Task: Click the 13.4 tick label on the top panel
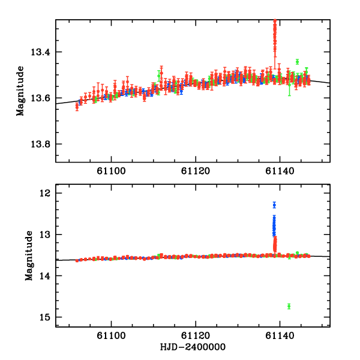[x=40, y=52]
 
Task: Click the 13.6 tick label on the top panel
[x=40, y=98]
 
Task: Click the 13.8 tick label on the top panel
[x=40, y=145]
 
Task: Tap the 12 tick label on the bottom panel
[x=46, y=193]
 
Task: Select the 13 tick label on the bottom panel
[x=46, y=235]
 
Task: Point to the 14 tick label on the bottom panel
[x=46, y=276]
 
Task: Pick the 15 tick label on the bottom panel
[x=46, y=317]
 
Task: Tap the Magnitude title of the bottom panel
[x=28, y=259]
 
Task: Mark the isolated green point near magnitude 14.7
[x=289, y=306]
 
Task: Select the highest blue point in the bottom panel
[x=274, y=205]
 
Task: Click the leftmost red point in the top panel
[x=77, y=106]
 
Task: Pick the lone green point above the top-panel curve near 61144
[x=297, y=61]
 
